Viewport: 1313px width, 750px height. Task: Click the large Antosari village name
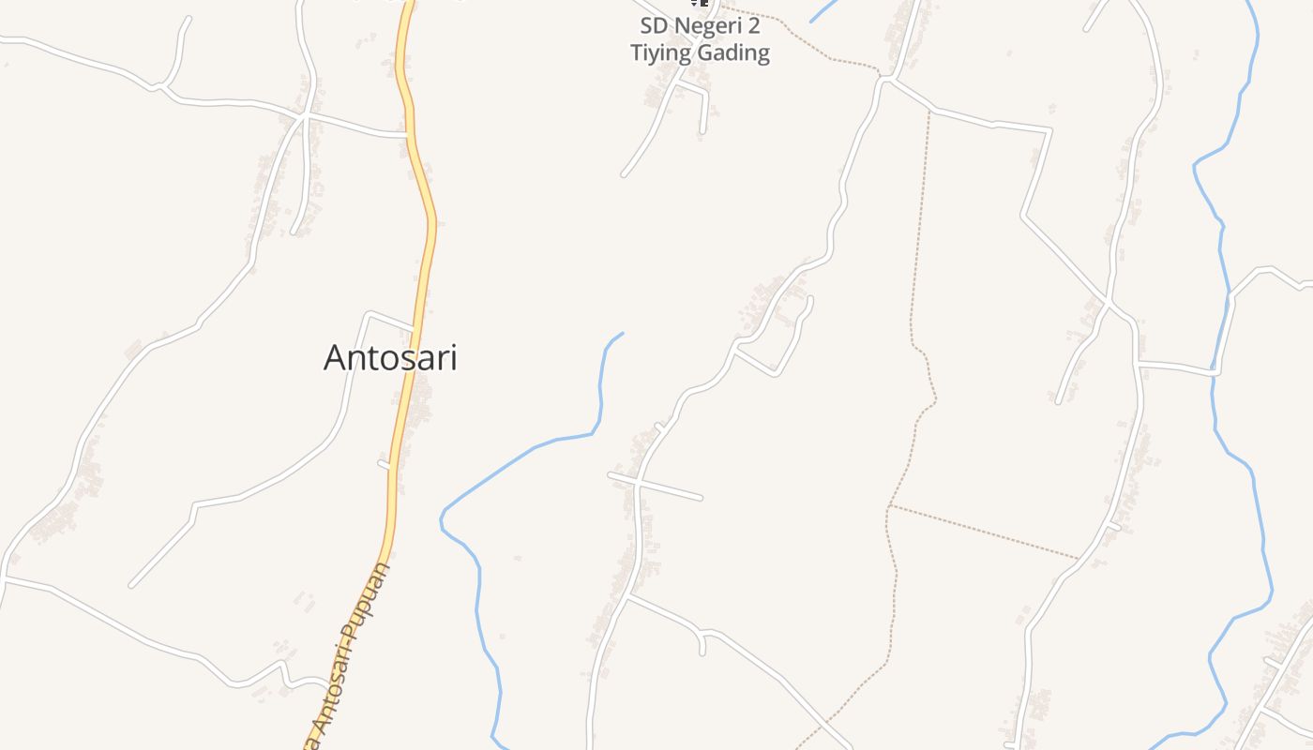pos(390,357)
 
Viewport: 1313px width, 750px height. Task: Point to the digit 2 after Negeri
pos(753,25)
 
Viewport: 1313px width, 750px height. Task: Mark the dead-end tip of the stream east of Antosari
pos(623,333)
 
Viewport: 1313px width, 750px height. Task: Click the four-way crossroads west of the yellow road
pos(303,118)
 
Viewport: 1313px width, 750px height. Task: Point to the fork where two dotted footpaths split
pos(889,506)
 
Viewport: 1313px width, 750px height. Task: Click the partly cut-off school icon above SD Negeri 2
pos(700,3)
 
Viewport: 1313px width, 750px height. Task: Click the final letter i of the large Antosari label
pos(453,357)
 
